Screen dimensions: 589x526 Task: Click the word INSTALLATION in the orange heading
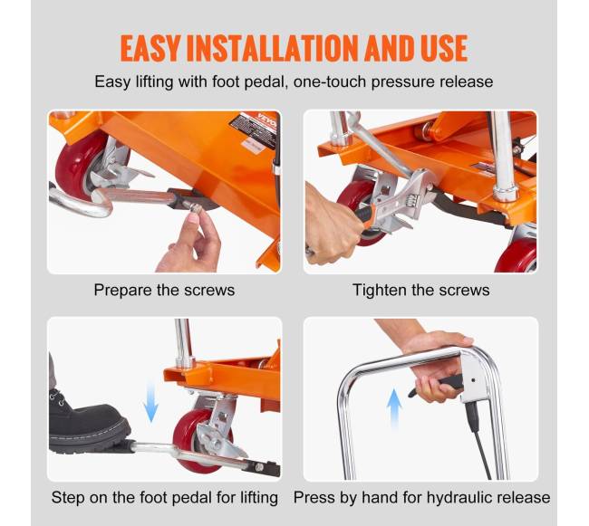(273, 48)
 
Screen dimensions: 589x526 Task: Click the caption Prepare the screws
(164, 290)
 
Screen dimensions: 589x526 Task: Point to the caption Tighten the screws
(421, 290)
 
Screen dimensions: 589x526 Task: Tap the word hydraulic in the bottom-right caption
(458, 498)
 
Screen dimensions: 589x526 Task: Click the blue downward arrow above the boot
(150, 401)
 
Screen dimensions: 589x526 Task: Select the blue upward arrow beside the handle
(394, 409)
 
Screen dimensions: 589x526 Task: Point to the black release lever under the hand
(438, 386)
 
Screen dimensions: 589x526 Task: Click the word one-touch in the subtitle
(330, 81)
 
